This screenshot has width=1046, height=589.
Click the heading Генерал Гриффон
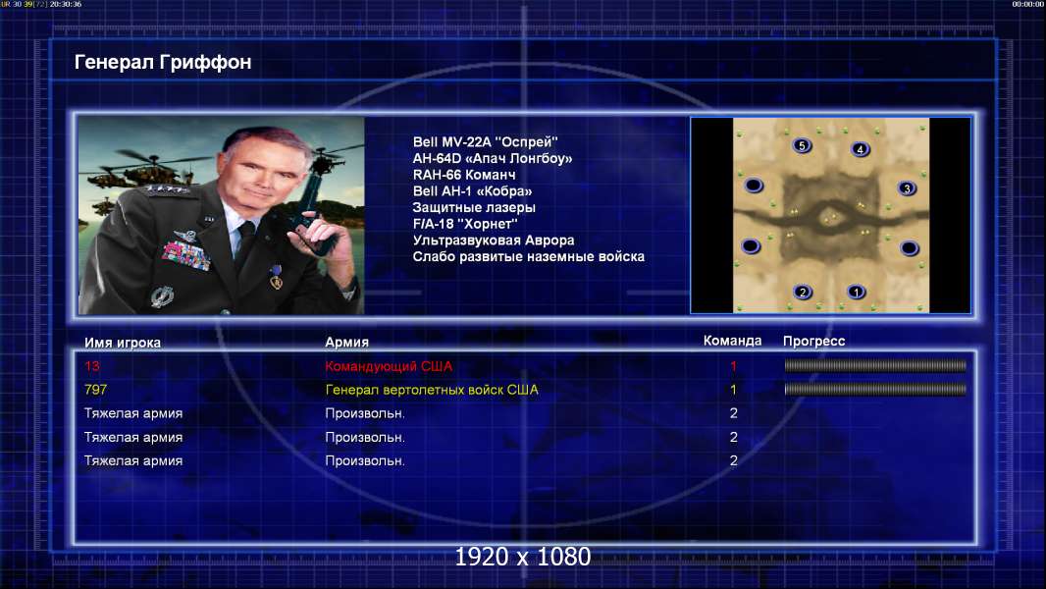point(163,62)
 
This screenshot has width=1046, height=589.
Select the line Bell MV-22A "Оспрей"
point(485,141)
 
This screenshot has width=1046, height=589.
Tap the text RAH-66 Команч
point(463,175)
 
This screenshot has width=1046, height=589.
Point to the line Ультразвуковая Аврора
point(493,241)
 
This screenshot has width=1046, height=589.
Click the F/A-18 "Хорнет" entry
point(465,224)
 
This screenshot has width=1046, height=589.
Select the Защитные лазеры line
point(474,207)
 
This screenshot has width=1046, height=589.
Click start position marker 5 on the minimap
point(802,145)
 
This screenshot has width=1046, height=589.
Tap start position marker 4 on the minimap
point(860,149)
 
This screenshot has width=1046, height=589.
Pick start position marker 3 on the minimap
point(906,188)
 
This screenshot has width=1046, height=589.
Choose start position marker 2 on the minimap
point(803,292)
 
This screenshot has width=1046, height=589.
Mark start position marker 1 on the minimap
point(856,292)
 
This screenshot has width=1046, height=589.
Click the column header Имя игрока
point(122,343)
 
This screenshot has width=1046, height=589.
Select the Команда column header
point(732,341)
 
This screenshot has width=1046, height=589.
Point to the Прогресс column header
point(813,341)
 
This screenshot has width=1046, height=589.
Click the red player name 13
point(92,365)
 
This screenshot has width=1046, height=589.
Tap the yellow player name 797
point(95,390)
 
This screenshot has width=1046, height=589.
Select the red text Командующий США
point(389,366)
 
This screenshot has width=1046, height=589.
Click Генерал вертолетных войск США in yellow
point(432,390)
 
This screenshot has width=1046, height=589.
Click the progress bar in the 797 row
point(875,389)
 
